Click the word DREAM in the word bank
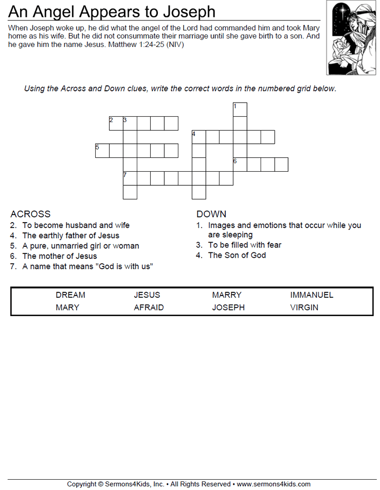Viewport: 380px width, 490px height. pyautogui.click(x=70, y=295)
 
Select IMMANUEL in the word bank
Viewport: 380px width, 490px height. pyautogui.click(x=312, y=295)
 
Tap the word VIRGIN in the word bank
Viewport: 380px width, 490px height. pyautogui.click(x=304, y=307)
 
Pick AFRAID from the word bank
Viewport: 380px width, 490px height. pyautogui.click(x=149, y=307)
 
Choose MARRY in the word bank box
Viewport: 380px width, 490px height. pyautogui.click(x=226, y=295)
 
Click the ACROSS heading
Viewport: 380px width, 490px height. pyautogui.click(x=30, y=214)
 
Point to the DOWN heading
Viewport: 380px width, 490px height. pyautogui.click(x=211, y=214)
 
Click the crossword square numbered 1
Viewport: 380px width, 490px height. pyautogui.click(x=240, y=109)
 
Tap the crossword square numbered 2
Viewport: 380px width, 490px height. pyautogui.click(x=116, y=123)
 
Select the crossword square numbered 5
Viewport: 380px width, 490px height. pyautogui.click(x=102, y=151)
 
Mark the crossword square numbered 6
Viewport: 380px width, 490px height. pyautogui.click(x=240, y=164)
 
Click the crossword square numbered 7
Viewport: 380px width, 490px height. pyautogui.click(x=130, y=178)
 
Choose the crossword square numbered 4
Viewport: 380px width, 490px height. pyautogui.click(x=199, y=137)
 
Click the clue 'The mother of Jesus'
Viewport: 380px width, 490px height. pyautogui.click(x=59, y=256)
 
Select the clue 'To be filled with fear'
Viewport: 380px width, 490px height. pyautogui.click(x=244, y=245)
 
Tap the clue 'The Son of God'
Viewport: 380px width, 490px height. pyautogui.click(x=237, y=255)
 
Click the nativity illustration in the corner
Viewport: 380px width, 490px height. pyautogui.click(x=351, y=38)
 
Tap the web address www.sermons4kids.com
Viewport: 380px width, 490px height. pyautogui.click(x=274, y=484)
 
